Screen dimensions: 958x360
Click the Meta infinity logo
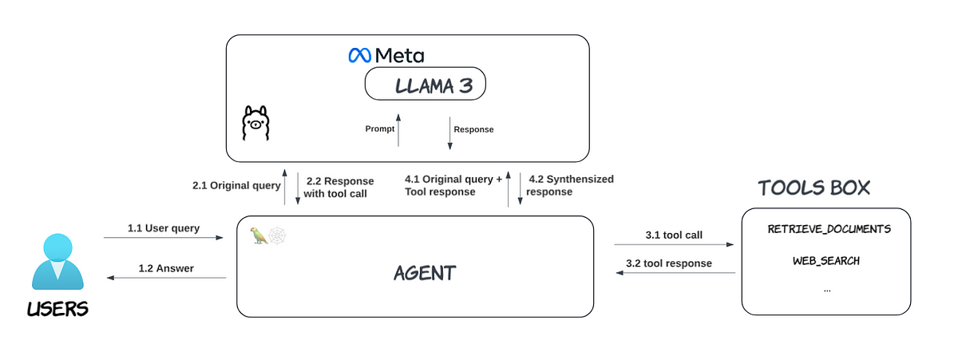pos(360,56)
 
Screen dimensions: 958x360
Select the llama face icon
pos(255,123)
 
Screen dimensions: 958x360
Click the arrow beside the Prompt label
pos(398,130)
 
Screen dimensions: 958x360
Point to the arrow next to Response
pos(449,133)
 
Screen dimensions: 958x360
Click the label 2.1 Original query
pos(236,185)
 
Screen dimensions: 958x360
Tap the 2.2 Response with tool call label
pos(338,188)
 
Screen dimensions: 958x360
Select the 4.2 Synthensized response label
pos(570,185)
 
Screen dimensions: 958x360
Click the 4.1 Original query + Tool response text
pos(453,185)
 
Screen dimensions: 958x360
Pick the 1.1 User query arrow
pos(164,237)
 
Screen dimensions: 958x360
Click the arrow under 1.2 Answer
pos(166,278)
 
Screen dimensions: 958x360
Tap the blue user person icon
pos(57,261)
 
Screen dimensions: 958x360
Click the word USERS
pos(57,309)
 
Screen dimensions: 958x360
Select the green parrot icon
pos(259,235)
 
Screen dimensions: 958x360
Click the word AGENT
pos(425,273)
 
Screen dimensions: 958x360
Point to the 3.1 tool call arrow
pos(674,244)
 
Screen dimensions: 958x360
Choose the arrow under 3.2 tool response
pos(675,273)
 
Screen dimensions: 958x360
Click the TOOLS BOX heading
pos(814,188)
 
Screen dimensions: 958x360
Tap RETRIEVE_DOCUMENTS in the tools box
pos(829,229)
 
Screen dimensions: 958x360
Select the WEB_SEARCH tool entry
pos(826,261)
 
